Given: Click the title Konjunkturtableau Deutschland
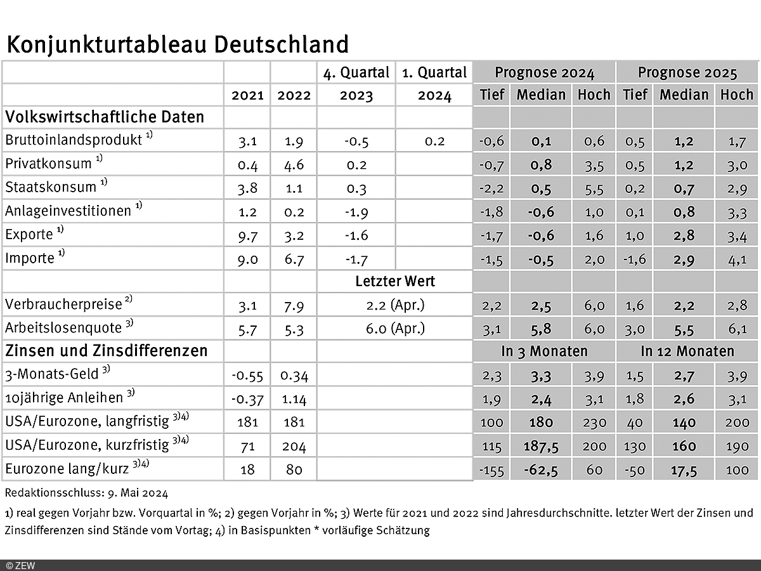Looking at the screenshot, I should pyautogui.click(x=178, y=45).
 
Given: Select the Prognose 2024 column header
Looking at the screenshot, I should pyautogui.click(x=544, y=73).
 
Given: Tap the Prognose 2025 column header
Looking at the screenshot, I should pyautogui.click(x=687, y=73).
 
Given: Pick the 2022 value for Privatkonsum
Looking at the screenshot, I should pyautogui.click(x=294, y=164).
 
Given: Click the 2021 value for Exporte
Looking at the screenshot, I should pyautogui.click(x=247, y=235).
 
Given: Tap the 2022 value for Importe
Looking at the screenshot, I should pyautogui.click(x=294, y=259).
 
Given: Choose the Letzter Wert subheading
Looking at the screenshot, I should pyautogui.click(x=395, y=281).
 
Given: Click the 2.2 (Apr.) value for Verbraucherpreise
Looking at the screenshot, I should pyautogui.click(x=395, y=305).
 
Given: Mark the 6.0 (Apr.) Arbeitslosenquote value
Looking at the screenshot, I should pyautogui.click(x=395, y=329).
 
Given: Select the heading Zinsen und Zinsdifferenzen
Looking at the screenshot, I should pyautogui.click(x=107, y=351).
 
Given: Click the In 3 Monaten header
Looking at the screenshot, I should pyautogui.click(x=543, y=351).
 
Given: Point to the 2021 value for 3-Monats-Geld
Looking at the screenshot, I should pyautogui.click(x=247, y=376).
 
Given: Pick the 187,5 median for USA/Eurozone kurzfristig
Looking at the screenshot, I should pyautogui.click(x=540, y=447).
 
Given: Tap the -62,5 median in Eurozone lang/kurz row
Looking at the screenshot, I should pyautogui.click(x=540, y=470).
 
